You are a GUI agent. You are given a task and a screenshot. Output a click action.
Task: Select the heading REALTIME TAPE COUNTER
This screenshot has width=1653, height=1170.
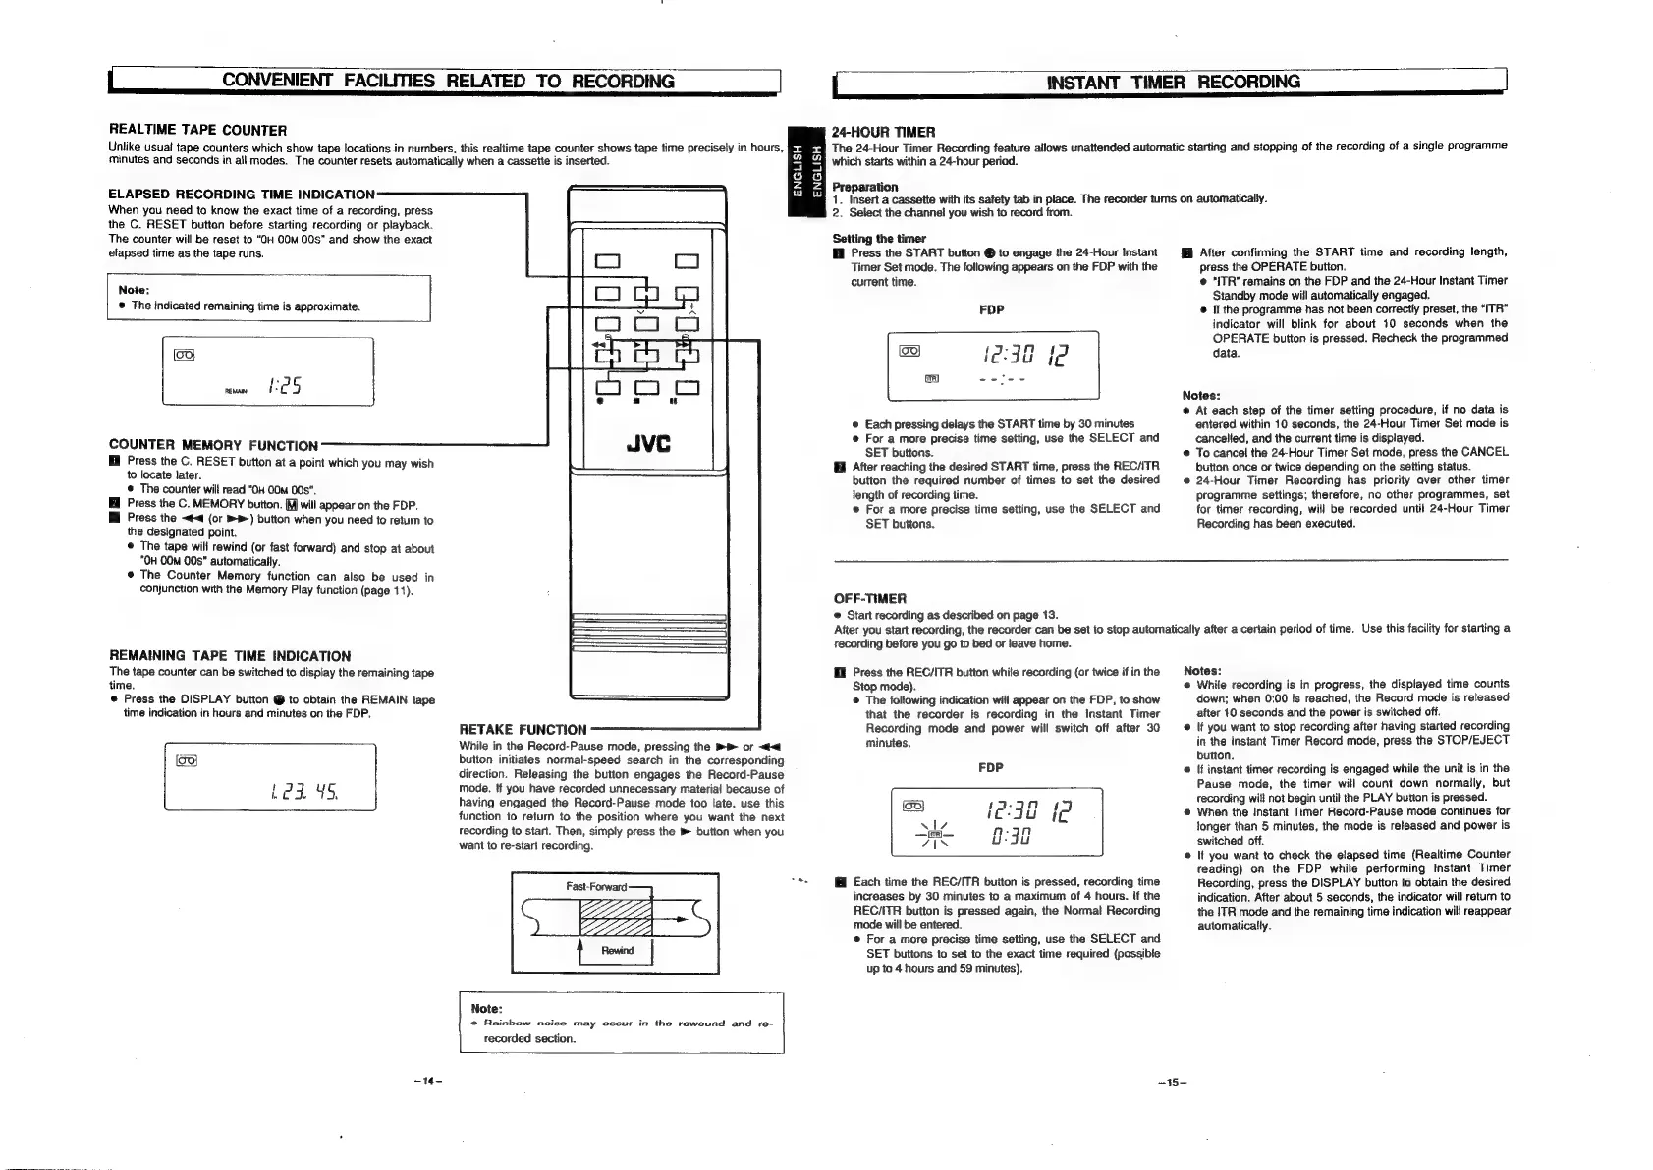[x=197, y=130]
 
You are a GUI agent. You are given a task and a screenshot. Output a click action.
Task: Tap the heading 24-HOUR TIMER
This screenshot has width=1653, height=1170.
[x=883, y=132]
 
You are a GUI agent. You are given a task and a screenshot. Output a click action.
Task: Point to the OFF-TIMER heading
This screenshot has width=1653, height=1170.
[x=869, y=598]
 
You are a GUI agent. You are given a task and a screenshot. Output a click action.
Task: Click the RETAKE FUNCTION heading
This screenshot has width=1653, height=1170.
[x=523, y=729]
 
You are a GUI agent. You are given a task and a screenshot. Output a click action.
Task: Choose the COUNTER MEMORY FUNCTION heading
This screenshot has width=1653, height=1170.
[x=213, y=446]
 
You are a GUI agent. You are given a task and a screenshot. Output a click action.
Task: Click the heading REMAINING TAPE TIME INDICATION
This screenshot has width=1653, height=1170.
[x=229, y=656]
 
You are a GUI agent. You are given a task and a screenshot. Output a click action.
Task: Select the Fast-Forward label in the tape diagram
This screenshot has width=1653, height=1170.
[x=596, y=887]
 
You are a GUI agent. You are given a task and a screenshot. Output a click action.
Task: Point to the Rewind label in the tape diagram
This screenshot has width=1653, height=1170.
[x=617, y=950]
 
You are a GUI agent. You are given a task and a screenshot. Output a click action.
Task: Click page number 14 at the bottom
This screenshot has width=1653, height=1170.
[x=425, y=1082]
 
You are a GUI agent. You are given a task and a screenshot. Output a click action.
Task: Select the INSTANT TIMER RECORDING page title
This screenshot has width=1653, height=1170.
[x=1173, y=82]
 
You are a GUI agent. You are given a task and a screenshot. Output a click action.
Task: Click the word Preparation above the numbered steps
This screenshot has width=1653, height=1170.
[x=864, y=187]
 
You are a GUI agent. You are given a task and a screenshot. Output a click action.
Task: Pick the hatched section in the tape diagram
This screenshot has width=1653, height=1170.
[x=617, y=919]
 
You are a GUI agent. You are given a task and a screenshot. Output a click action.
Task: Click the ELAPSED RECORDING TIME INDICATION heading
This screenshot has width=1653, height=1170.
[x=242, y=195]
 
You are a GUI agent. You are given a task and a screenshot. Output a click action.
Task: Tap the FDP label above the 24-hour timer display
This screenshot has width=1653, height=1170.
[x=991, y=310]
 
